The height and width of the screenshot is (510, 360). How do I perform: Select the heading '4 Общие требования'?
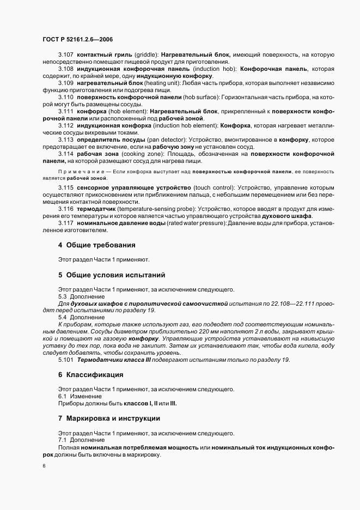coord(96,245)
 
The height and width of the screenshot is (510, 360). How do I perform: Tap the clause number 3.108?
coord(66,69)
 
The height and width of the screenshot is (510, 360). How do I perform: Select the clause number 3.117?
coord(66,223)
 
